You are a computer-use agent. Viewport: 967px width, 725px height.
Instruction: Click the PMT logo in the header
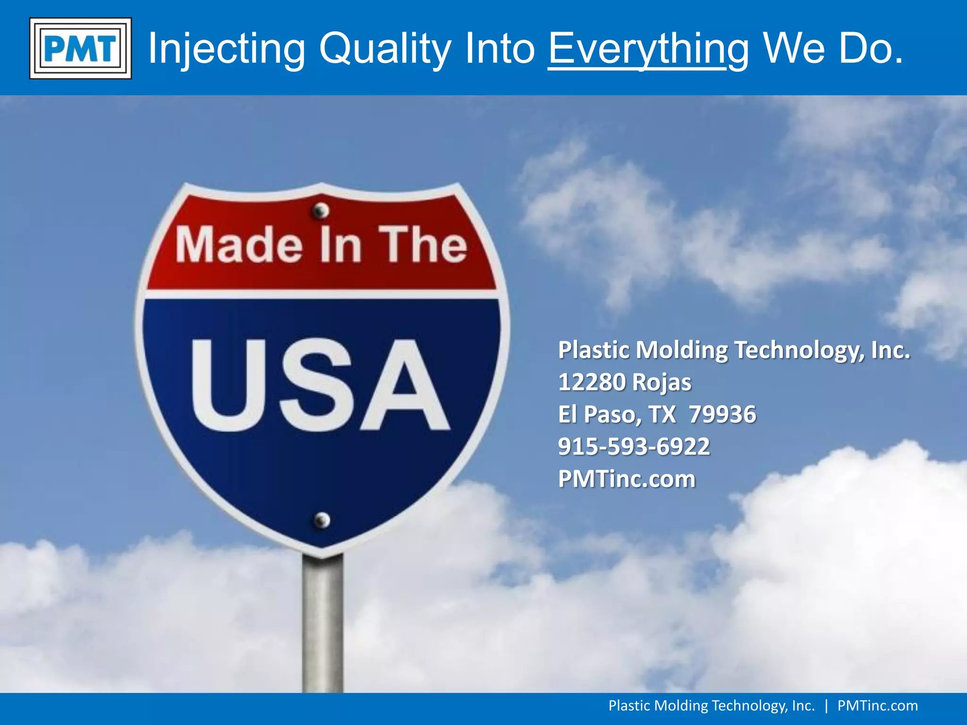(80, 48)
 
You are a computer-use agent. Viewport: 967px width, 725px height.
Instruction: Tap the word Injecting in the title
(227, 48)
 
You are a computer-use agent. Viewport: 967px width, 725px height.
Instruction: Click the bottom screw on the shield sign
(322, 520)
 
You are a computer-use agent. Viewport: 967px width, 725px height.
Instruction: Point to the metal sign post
(322, 623)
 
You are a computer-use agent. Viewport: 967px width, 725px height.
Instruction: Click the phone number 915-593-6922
(634, 447)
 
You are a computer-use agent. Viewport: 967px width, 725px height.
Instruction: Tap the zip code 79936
(722, 414)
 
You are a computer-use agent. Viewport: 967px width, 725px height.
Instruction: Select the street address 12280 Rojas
(624, 382)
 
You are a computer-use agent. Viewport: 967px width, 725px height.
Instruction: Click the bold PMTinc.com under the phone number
(627, 479)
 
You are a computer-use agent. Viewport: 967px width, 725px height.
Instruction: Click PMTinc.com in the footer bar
(877, 706)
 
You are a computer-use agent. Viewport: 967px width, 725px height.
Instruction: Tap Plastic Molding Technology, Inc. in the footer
(711, 706)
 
